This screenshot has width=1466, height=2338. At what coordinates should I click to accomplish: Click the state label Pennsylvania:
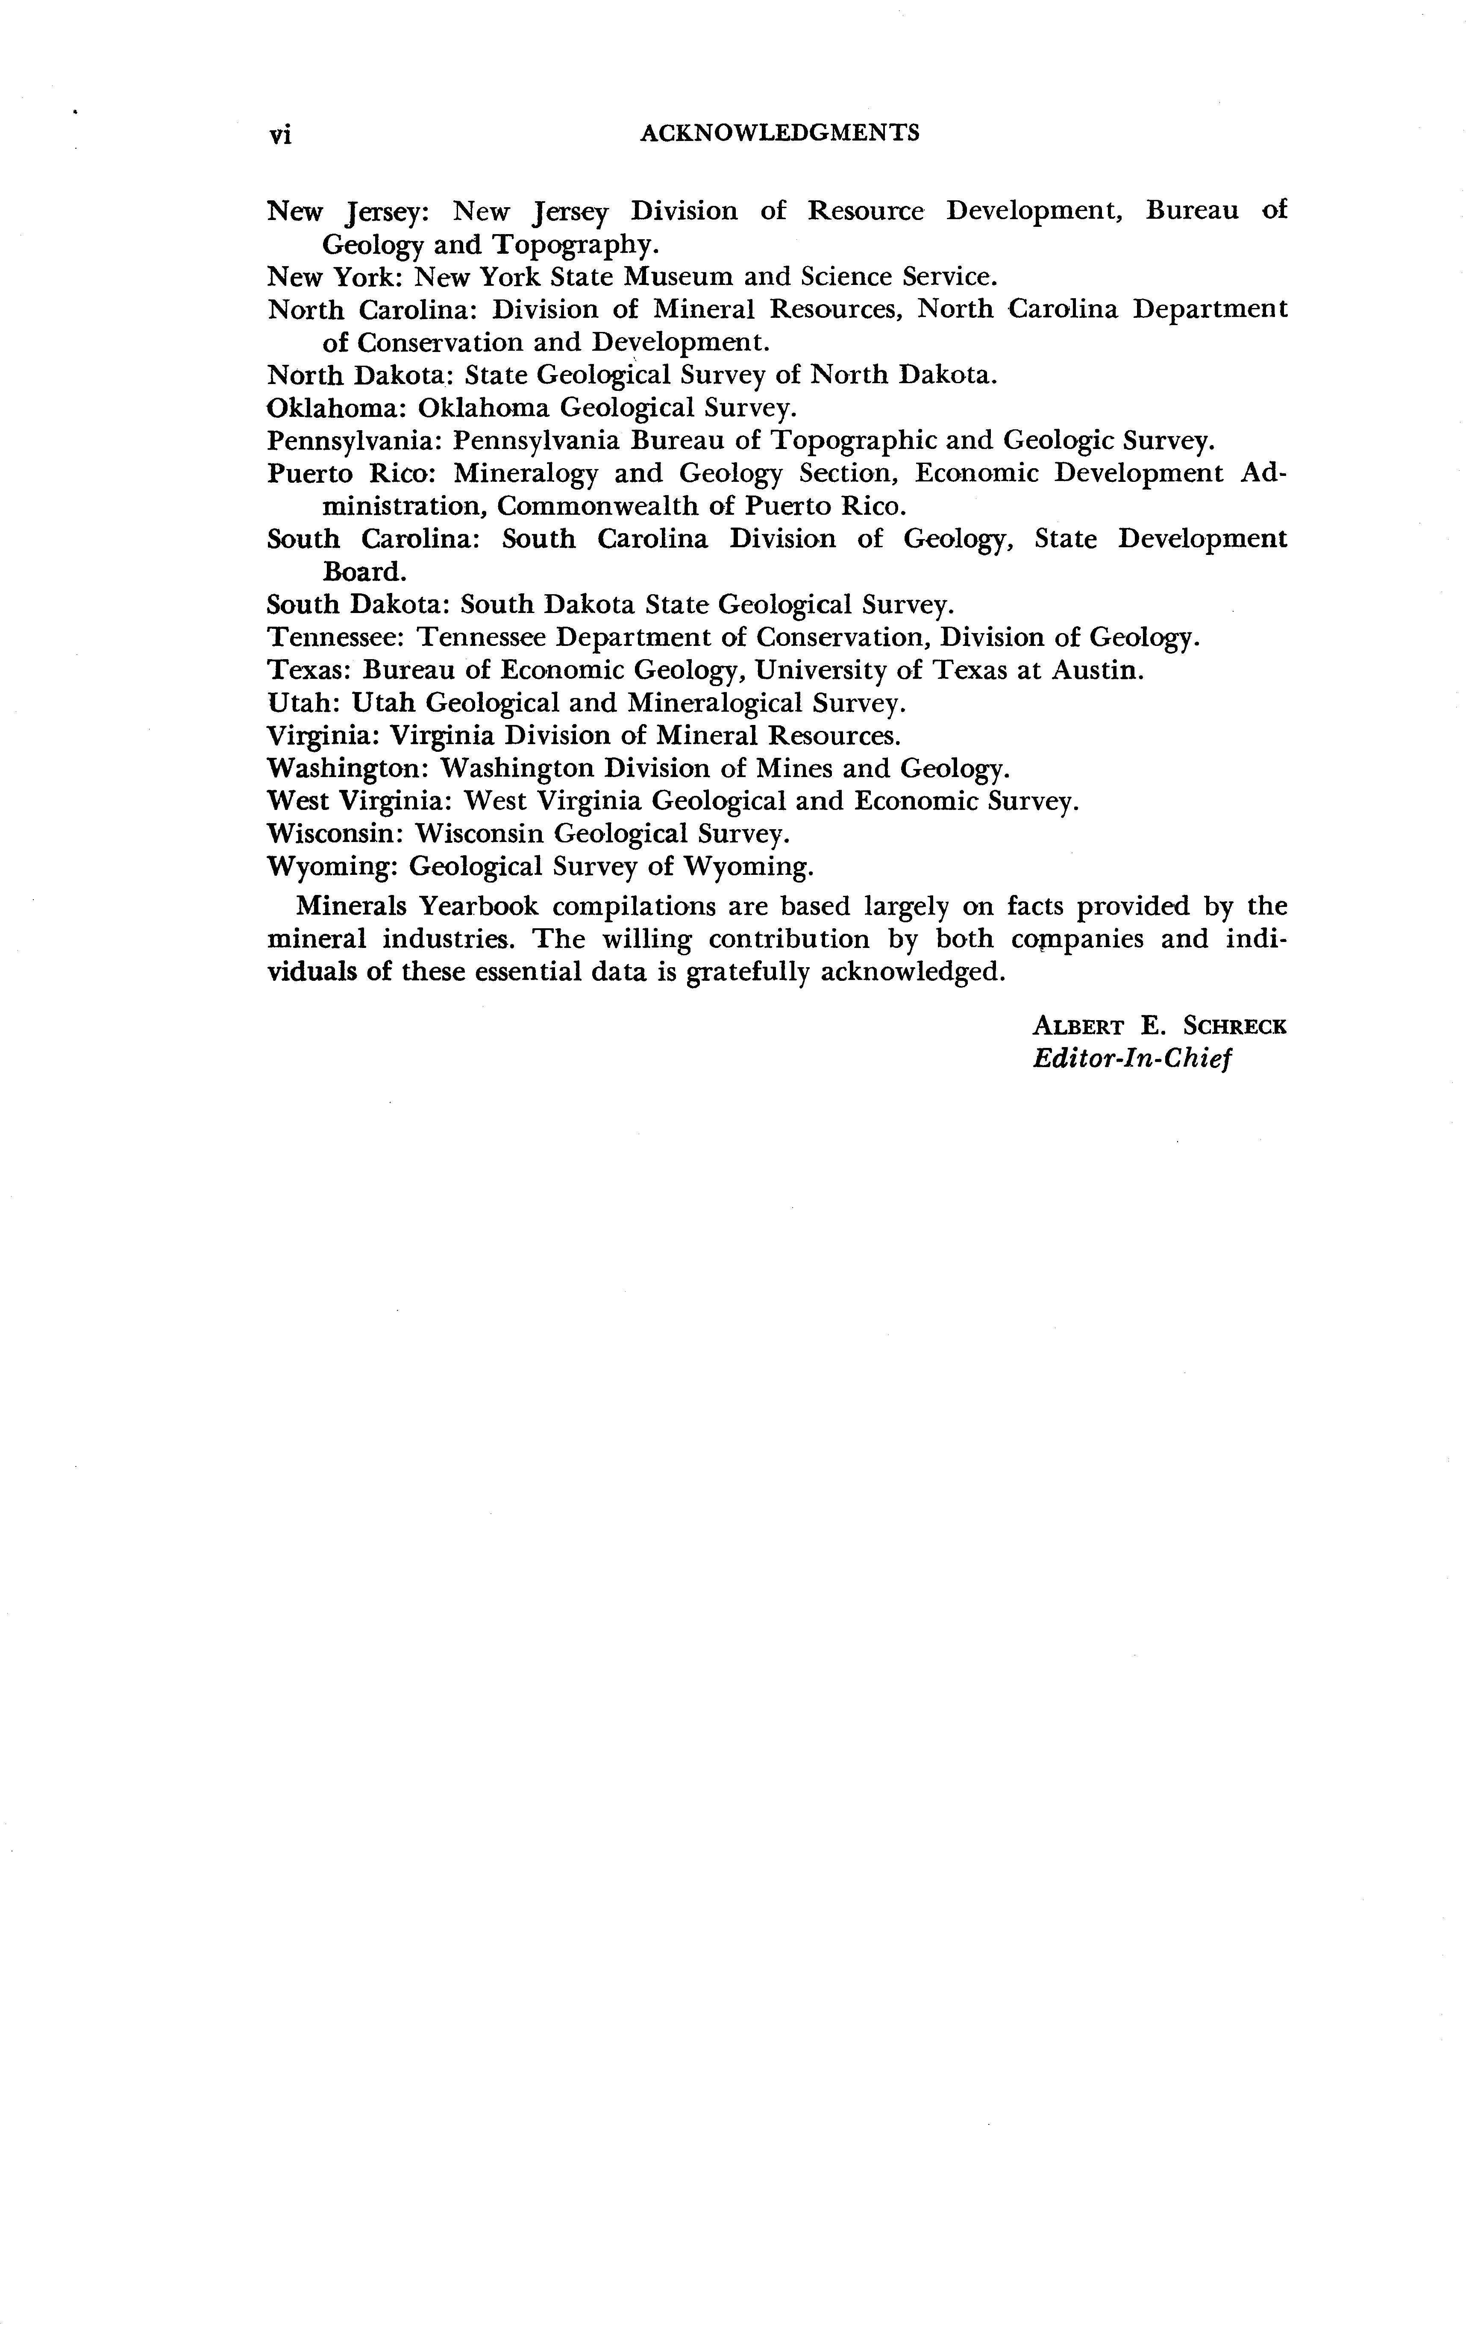point(354,441)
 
